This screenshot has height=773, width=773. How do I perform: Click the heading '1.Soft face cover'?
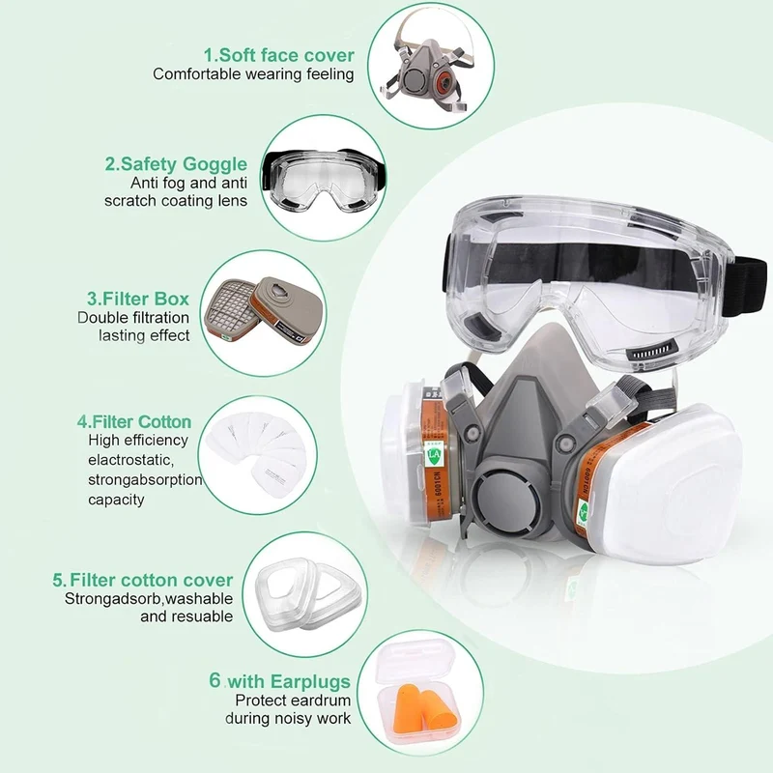tap(279, 55)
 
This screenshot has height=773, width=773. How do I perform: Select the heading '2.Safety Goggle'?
tap(176, 164)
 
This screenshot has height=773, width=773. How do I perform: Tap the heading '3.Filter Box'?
tap(138, 299)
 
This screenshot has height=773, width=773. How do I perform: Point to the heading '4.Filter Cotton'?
tap(134, 422)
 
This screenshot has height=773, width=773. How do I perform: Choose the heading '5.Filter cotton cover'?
tap(143, 580)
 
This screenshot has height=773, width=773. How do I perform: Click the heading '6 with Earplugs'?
tap(279, 681)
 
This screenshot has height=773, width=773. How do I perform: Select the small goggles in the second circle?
tap(324, 180)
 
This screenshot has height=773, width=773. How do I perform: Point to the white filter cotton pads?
tap(256, 452)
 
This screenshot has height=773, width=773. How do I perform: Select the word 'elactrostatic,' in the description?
tap(130, 460)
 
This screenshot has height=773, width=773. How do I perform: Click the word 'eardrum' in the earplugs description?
tap(323, 700)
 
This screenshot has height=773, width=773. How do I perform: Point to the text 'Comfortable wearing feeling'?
tap(253, 74)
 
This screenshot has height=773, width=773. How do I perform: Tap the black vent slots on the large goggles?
tap(652, 351)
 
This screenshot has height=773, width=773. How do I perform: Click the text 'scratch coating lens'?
tap(176, 201)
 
